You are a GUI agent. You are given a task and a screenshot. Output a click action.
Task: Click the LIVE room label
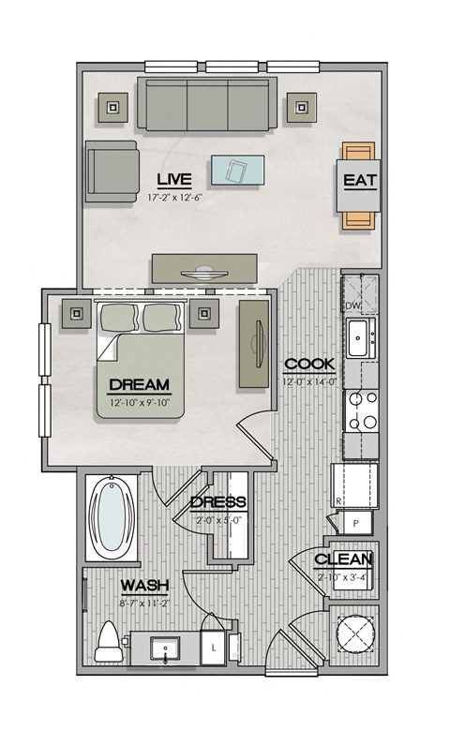(175, 178)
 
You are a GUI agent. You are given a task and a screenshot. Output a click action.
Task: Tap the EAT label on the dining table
(361, 181)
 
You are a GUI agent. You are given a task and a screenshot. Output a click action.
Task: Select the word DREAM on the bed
(139, 384)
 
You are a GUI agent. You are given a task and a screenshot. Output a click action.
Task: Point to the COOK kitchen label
(304, 364)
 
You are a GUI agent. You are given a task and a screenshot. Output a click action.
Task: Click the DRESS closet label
(217, 502)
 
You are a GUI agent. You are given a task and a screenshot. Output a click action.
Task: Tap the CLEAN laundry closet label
(343, 559)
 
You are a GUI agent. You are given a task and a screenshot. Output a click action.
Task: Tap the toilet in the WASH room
(110, 642)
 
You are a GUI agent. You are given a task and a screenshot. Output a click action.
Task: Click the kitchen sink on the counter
(359, 337)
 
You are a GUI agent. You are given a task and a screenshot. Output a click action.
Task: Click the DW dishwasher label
(352, 305)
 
